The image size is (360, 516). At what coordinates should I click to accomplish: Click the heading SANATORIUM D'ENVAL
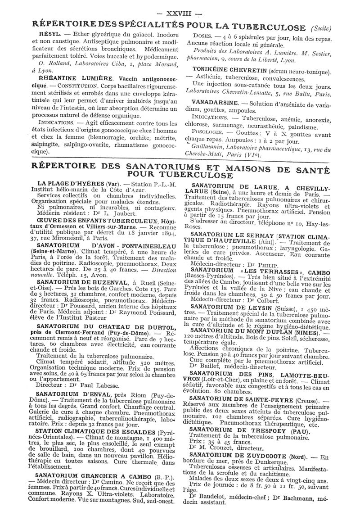click(x=74, y=394)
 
